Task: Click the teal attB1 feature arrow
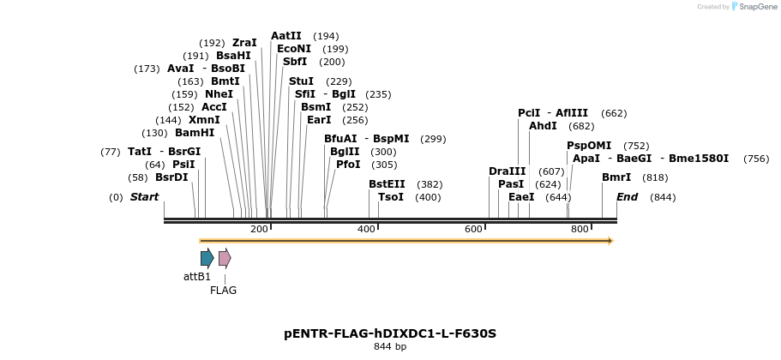tap(207, 258)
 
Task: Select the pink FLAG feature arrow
tap(225, 258)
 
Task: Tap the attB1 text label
tap(197, 277)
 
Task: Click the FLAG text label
tap(224, 291)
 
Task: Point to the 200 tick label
tap(259, 229)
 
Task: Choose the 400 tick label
tap(366, 229)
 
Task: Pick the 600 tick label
tap(473, 229)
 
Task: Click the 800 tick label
tap(580, 229)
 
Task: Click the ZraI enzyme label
tap(244, 43)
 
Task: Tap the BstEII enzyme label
tap(387, 184)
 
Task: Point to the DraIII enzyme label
tap(507, 171)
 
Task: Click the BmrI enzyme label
tap(616, 177)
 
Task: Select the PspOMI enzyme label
tap(589, 146)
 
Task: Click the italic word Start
tap(144, 197)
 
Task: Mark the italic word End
tap(627, 197)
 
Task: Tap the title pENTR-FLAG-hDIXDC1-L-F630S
tap(390, 333)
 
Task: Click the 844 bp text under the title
tap(390, 347)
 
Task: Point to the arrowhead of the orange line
tap(610, 241)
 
